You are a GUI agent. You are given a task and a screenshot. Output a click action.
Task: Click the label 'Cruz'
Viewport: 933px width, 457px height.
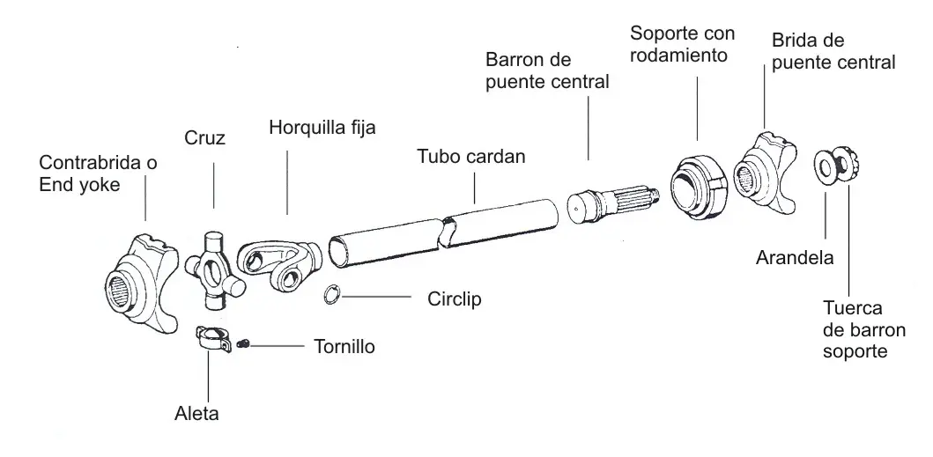click(x=204, y=137)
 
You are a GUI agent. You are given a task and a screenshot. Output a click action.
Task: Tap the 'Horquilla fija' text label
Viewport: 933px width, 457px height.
click(x=322, y=128)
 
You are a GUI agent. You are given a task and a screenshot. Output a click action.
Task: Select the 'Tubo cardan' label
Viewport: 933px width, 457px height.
click(x=471, y=156)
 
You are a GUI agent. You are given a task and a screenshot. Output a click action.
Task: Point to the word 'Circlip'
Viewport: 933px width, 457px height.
click(x=454, y=299)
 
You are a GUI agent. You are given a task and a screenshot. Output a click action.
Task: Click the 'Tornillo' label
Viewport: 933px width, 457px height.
click(x=344, y=346)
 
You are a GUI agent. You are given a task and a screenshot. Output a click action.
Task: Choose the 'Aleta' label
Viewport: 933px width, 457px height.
click(x=196, y=414)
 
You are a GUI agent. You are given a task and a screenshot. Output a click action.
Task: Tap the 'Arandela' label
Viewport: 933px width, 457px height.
click(x=795, y=258)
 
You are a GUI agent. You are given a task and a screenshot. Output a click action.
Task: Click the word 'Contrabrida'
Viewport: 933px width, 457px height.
click(x=91, y=162)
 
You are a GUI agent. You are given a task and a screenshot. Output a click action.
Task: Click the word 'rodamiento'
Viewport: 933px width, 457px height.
click(x=679, y=55)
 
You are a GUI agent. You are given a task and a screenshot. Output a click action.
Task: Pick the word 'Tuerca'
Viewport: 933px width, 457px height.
click(x=844, y=308)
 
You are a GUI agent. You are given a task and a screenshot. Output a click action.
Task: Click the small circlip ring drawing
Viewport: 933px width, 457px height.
click(x=333, y=295)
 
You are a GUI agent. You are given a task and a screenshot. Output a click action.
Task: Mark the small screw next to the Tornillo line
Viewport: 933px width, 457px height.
click(x=243, y=343)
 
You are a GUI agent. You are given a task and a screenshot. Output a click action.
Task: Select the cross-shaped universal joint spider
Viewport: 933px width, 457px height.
click(x=214, y=271)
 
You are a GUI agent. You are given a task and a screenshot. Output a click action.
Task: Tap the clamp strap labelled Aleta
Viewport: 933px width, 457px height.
click(x=213, y=338)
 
